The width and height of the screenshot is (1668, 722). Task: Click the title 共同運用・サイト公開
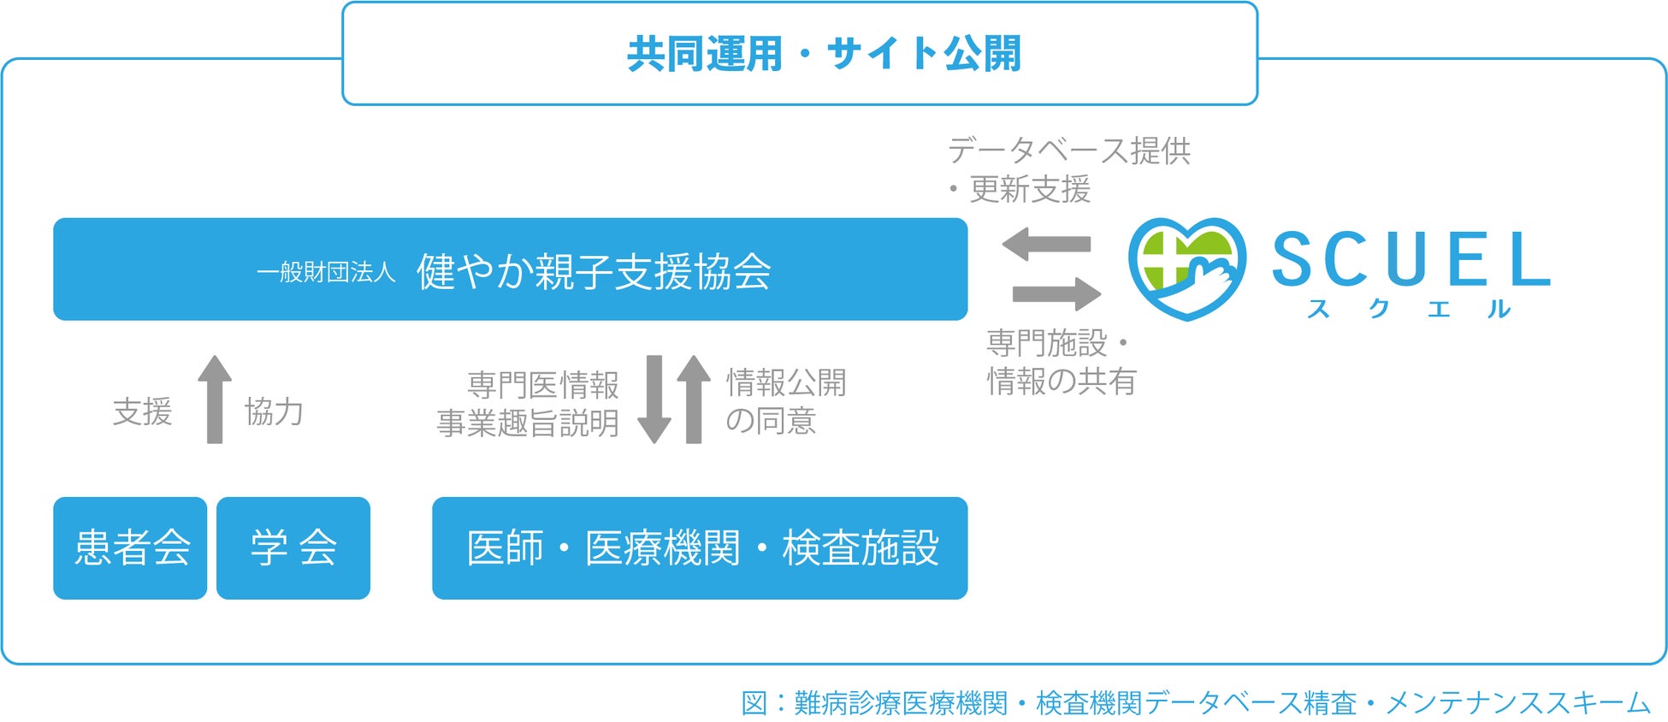824,53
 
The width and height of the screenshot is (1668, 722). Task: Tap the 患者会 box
131,547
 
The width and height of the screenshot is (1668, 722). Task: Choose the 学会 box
293,547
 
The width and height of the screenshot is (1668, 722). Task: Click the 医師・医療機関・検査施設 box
701,547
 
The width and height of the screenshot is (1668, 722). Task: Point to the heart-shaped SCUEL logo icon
1186,267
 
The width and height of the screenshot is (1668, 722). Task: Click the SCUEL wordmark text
1411,258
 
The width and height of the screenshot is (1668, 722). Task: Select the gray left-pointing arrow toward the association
1046,244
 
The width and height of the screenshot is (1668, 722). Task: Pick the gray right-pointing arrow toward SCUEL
1056,293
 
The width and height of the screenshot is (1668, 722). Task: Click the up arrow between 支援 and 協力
215,399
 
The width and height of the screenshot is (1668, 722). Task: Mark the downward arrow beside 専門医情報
654,399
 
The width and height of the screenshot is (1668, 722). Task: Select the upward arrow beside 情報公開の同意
694,399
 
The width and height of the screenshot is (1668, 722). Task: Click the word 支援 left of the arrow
143,411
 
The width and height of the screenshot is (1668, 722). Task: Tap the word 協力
274,411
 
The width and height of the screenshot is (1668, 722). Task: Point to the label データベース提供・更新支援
1068,169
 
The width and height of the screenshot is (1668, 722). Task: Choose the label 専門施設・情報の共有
1061,362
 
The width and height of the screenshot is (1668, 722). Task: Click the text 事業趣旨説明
528,423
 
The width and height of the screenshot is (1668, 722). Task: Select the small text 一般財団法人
326,272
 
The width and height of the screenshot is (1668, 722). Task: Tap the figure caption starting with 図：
1195,703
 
